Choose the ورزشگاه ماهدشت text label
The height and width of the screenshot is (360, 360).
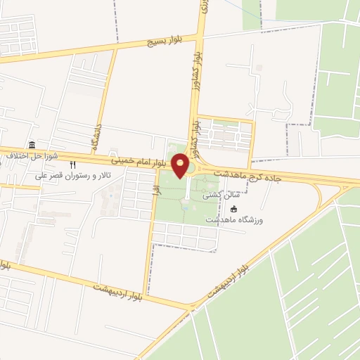(x=233, y=220)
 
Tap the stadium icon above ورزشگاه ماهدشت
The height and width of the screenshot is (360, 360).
(x=234, y=209)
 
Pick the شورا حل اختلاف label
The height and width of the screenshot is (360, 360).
(x=25, y=155)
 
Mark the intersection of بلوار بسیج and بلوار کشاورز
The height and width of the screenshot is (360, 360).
(x=201, y=35)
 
